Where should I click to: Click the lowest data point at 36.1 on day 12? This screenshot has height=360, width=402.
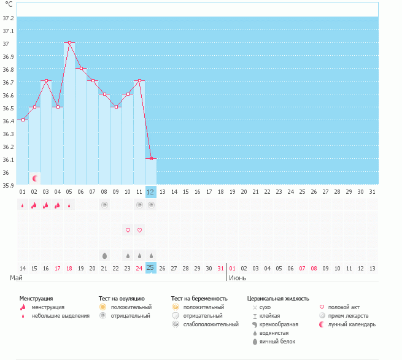pos(150,158)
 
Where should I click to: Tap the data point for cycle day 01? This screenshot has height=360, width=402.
pos(23,120)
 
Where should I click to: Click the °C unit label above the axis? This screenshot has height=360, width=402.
pos(9,4)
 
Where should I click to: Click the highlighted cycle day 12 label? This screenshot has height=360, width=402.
pos(150,192)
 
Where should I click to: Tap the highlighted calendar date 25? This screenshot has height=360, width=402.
pos(150,267)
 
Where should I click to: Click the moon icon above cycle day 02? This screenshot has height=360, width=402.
pos(35,178)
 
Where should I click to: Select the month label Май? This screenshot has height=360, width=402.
pos(16,278)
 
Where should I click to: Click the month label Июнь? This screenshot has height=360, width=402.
pos(238,278)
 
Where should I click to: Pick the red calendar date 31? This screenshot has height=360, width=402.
pos(220,268)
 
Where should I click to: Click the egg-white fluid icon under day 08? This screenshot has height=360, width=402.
pos(104,255)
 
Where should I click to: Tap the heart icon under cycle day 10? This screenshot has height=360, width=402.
pos(128,230)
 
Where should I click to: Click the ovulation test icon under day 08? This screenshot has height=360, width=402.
pos(104,205)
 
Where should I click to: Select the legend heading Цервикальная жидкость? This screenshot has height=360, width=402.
pos(277,298)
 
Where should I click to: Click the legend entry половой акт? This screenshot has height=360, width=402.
pos(344,307)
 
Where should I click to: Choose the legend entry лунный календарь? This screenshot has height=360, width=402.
pos(352,324)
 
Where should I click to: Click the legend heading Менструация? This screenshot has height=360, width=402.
pos(36,298)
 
